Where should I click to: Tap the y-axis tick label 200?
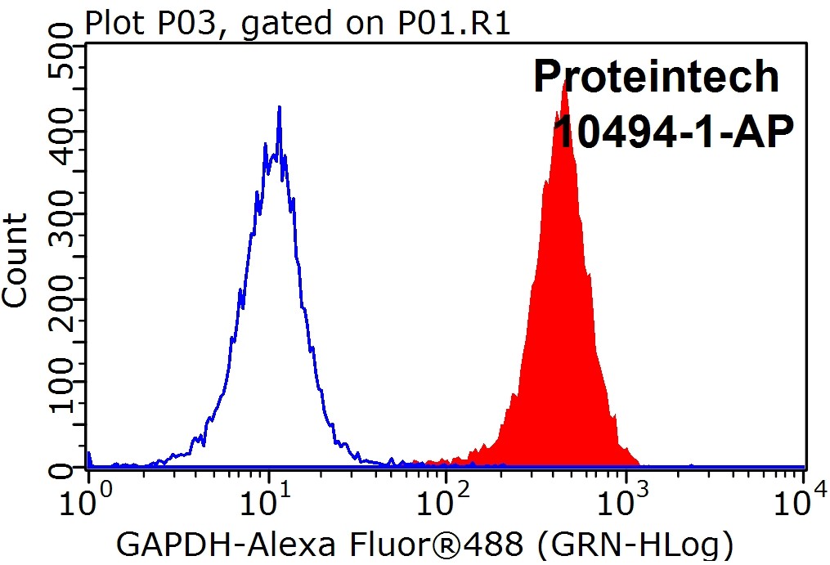pyautogui.click(x=59, y=299)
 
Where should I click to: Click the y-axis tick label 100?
pyautogui.click(x=59, y=383)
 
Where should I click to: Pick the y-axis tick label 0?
pyautogui.click(x=59, y=468)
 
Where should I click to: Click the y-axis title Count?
pyautogui.click(x=16, y=259)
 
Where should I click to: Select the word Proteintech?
pyautogui.click(x=657, y=77)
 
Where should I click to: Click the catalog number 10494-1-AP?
pyautogui.click(x=673, y=131)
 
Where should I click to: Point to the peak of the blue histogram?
pyautogui.click(x=279, y=107)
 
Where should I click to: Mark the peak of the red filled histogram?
pyautogui.click(x=564, y=82)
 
